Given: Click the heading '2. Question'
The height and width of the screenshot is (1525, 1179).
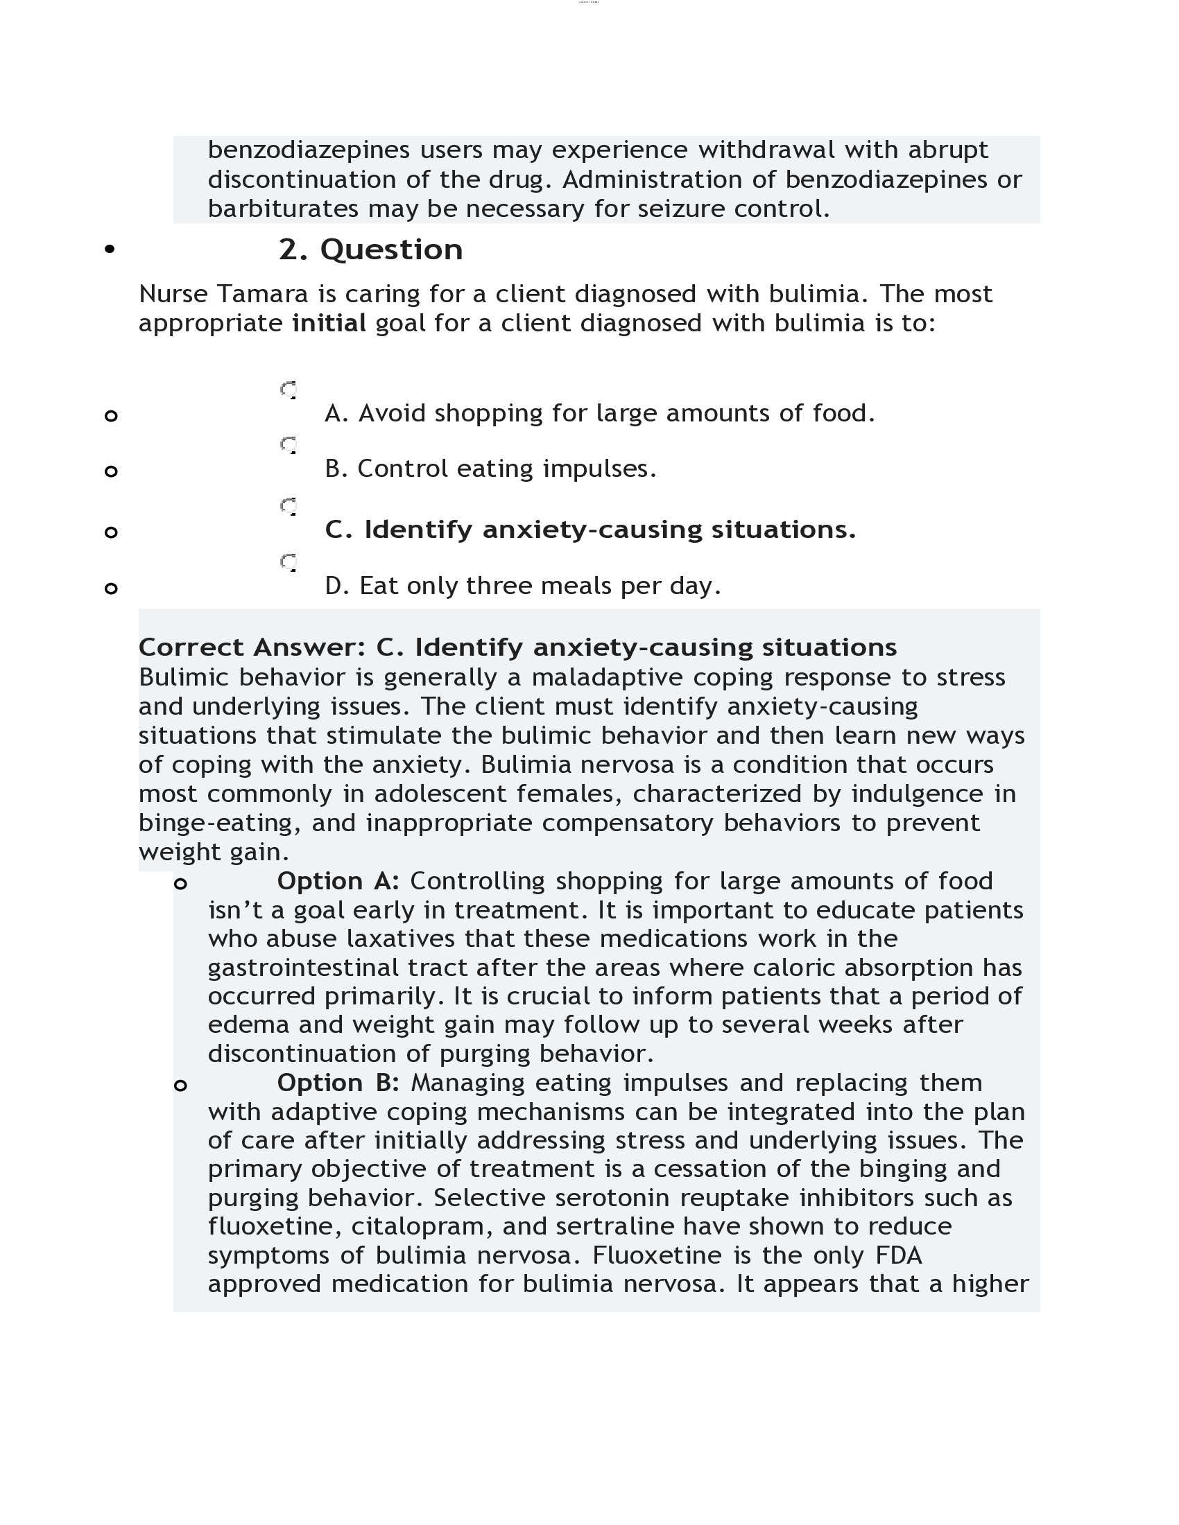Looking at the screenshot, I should tap(370, 250).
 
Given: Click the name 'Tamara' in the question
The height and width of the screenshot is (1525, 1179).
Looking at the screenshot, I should tap(263, 294).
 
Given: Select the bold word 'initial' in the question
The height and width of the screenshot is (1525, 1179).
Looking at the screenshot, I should tap(328, 323).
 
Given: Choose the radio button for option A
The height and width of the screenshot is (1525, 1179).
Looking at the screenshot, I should tap(289, 390).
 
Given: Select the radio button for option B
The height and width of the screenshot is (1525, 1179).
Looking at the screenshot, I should tap(289, 445).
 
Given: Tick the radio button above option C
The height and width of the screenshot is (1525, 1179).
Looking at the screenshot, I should tap(289, 506).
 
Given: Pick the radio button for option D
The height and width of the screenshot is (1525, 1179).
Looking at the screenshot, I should tap(289, 562).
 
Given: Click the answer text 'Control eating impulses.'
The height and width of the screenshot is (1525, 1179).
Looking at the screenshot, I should tap(490, 469).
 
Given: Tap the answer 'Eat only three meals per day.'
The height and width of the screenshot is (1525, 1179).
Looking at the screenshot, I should tap(522, 586).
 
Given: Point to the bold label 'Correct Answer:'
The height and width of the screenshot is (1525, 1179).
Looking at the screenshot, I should tap(252, 647).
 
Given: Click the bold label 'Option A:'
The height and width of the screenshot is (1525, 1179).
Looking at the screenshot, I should tap(338, 881).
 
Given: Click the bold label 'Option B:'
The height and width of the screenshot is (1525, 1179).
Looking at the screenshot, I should tap(338, 1083).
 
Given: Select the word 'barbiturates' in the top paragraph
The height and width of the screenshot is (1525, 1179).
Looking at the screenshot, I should tap(283, 209).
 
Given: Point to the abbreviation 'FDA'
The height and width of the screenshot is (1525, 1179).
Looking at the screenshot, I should tap(898, 1255).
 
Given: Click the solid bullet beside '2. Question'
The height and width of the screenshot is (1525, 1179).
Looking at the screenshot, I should tap(110, 250).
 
